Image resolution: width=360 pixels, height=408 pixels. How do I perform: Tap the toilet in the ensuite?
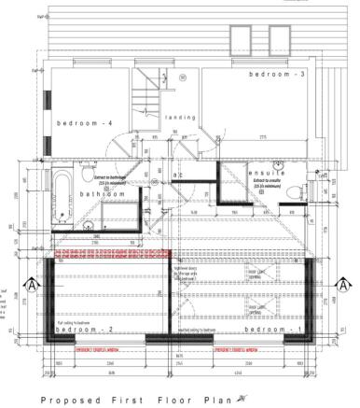point(295,191)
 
